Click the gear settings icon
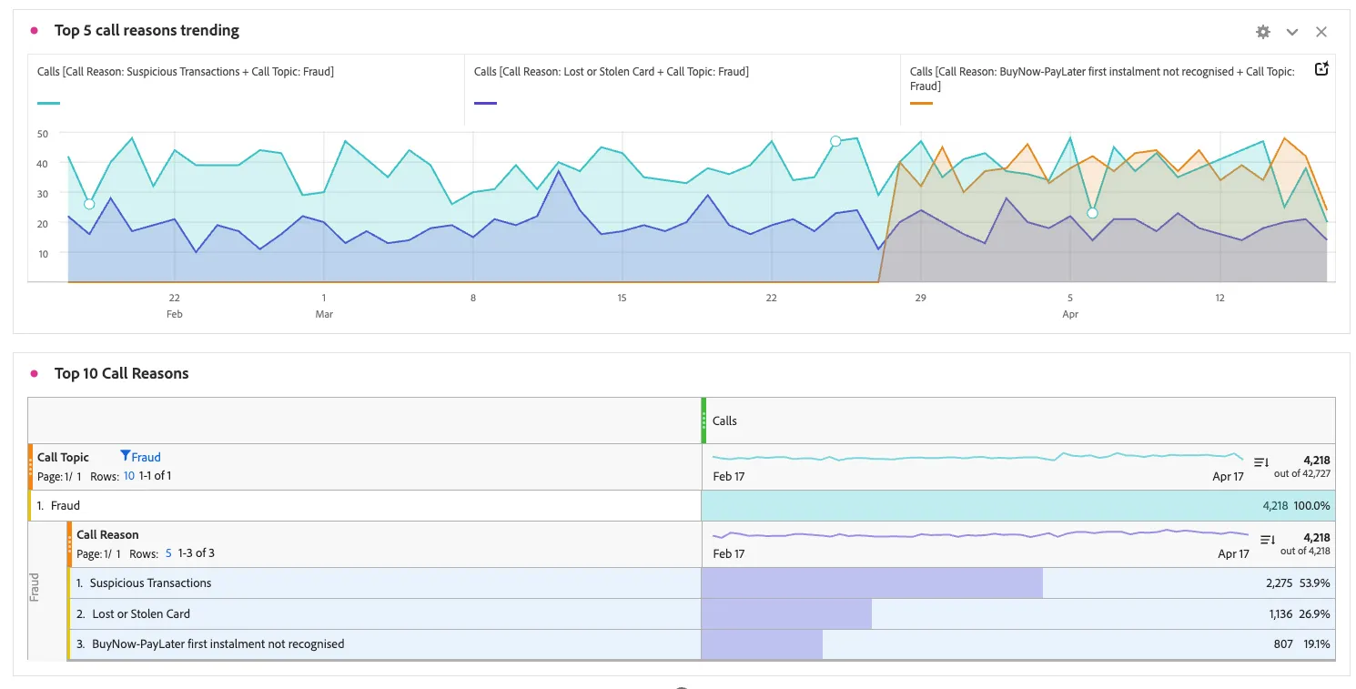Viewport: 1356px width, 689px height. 1263,32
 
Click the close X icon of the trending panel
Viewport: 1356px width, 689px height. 1321,32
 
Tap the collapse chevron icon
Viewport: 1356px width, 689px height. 1292,32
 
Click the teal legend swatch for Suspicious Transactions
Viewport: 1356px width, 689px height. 48,103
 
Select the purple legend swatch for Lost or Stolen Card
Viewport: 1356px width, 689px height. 485,103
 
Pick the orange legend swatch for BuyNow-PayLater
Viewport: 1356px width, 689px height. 921,103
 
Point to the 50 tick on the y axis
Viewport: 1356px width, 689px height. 43,134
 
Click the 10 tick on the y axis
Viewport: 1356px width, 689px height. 43,254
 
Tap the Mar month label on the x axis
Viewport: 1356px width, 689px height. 324,314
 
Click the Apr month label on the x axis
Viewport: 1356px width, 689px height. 1070,314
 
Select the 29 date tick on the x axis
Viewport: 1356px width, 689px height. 920,298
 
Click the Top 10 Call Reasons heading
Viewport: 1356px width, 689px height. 122,373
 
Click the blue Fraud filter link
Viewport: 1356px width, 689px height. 146,457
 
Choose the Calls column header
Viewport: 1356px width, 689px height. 724,420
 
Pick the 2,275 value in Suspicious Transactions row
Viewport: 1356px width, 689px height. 1280,583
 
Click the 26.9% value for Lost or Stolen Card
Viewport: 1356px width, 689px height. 1314,614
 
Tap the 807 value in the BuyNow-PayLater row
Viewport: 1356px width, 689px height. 1283,644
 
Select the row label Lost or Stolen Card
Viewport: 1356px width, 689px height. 141,614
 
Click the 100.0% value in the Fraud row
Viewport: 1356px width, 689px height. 1311,505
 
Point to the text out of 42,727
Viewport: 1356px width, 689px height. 1302,473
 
